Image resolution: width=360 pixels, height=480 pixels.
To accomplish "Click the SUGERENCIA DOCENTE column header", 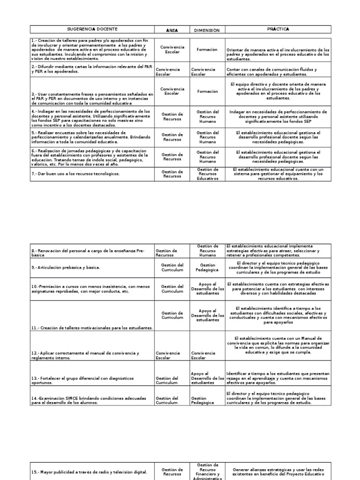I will tap(92, 30).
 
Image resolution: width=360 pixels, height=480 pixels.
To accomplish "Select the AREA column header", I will tap(172, 30).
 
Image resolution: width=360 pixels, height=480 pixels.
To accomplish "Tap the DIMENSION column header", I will tap(207, 30).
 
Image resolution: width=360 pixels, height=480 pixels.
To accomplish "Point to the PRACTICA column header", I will tap(278, 30).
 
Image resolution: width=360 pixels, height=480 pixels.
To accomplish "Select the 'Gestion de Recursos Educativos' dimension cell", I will tap(207, 174).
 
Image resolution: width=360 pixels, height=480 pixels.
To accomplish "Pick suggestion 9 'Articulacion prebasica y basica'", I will tap(66, 268).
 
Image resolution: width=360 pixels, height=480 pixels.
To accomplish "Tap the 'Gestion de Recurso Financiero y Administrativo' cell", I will tap(207, 472).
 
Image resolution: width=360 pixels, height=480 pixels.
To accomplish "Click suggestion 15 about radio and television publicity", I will tap(89, 472).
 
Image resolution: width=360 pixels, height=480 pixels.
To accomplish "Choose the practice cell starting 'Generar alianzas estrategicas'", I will tap(278, 472).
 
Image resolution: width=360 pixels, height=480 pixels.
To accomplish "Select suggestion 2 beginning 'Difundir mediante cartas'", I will tap(92, 69).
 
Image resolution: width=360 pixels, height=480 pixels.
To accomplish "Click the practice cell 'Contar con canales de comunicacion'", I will tap(278, 72).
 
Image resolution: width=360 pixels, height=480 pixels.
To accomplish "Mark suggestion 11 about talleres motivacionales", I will tap(92, 328).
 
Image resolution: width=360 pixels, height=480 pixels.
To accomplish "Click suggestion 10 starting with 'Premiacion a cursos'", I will tap(92, 289).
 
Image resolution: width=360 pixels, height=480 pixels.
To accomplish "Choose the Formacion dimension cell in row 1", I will tap(207, 49).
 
